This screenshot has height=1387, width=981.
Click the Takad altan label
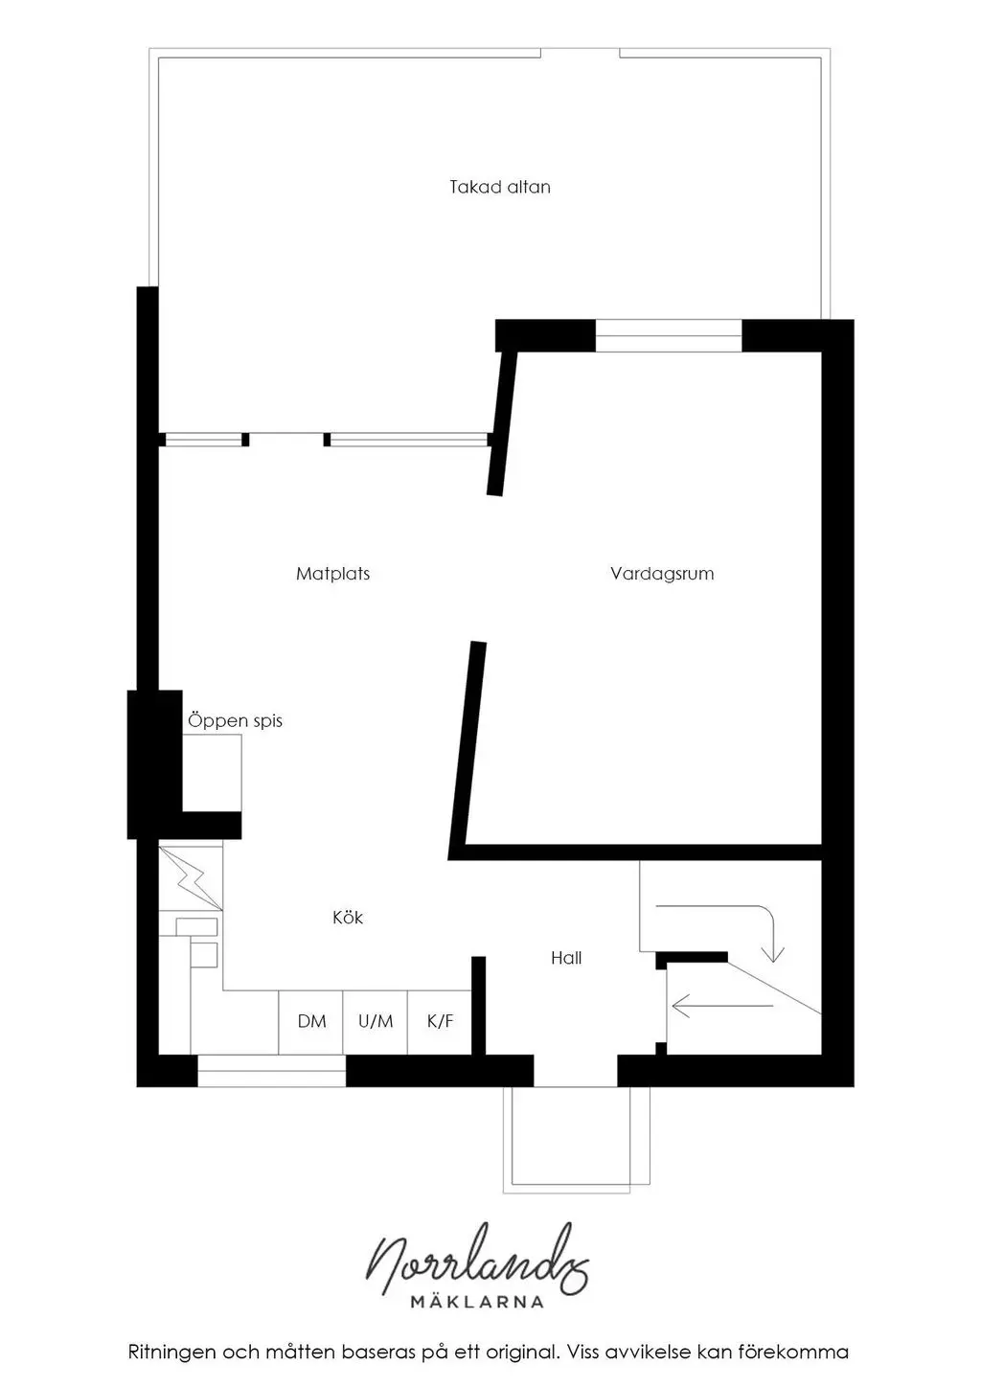[x=500, y=187]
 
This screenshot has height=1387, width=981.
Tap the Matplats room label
[x=332, y=574]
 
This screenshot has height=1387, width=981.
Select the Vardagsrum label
[x=662, y=574]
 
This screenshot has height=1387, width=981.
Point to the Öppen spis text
[x=235, y=720]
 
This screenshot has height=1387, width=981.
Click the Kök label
[x=348, y=917]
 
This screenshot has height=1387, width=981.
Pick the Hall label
[x=566, y=958]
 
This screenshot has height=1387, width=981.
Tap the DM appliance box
[x=311, y=1022]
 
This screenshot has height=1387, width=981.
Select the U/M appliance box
[x=376, y=1022]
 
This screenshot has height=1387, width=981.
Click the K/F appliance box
[x=440, y=1022]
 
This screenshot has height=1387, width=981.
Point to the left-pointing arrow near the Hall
[x=722, y=1006]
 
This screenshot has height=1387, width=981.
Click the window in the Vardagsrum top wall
[x=669, y=335]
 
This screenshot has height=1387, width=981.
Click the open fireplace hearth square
[x=212, y=773]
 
